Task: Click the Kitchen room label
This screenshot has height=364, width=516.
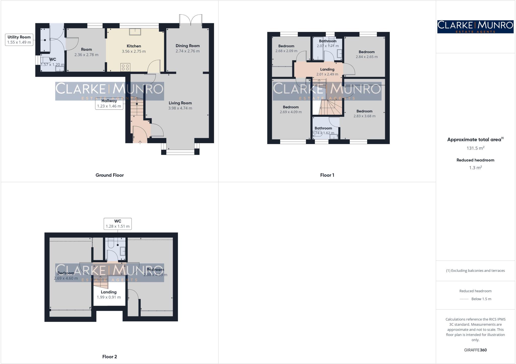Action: (x=134, y=46)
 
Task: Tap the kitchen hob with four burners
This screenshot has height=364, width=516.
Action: (x=125, y=67)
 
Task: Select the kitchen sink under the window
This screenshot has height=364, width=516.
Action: (x=135, y=32)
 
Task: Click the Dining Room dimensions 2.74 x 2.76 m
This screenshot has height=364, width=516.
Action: (x=187, y=51)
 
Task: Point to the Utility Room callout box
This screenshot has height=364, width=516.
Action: (x=19, y=40)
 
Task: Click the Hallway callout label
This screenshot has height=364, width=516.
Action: (x=109, y=103)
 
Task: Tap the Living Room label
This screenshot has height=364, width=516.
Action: (x=180, y=103)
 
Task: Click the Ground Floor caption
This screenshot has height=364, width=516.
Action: (x=110, y=175)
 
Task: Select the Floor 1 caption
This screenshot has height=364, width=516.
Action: (x=327, y=175)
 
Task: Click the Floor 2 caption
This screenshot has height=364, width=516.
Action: (x=110, y=357)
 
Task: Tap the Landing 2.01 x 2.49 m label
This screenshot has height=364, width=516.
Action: (x=327, y=72)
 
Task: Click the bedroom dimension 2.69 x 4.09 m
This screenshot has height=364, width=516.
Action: (x=291, y=112)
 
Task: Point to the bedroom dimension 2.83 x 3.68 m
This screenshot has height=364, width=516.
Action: (x=364, y=116)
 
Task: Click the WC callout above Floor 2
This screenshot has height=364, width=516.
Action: (x=118, y=224)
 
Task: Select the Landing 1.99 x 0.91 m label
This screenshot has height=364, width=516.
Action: (x=109, y=295)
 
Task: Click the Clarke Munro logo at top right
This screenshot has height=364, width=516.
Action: (x=475, y=27)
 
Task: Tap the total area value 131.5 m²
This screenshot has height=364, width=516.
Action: (x=475, y=148)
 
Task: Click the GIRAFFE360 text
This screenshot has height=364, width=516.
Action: (x=475, y=350)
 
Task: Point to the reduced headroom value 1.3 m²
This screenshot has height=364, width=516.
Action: (x=475, y=168)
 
